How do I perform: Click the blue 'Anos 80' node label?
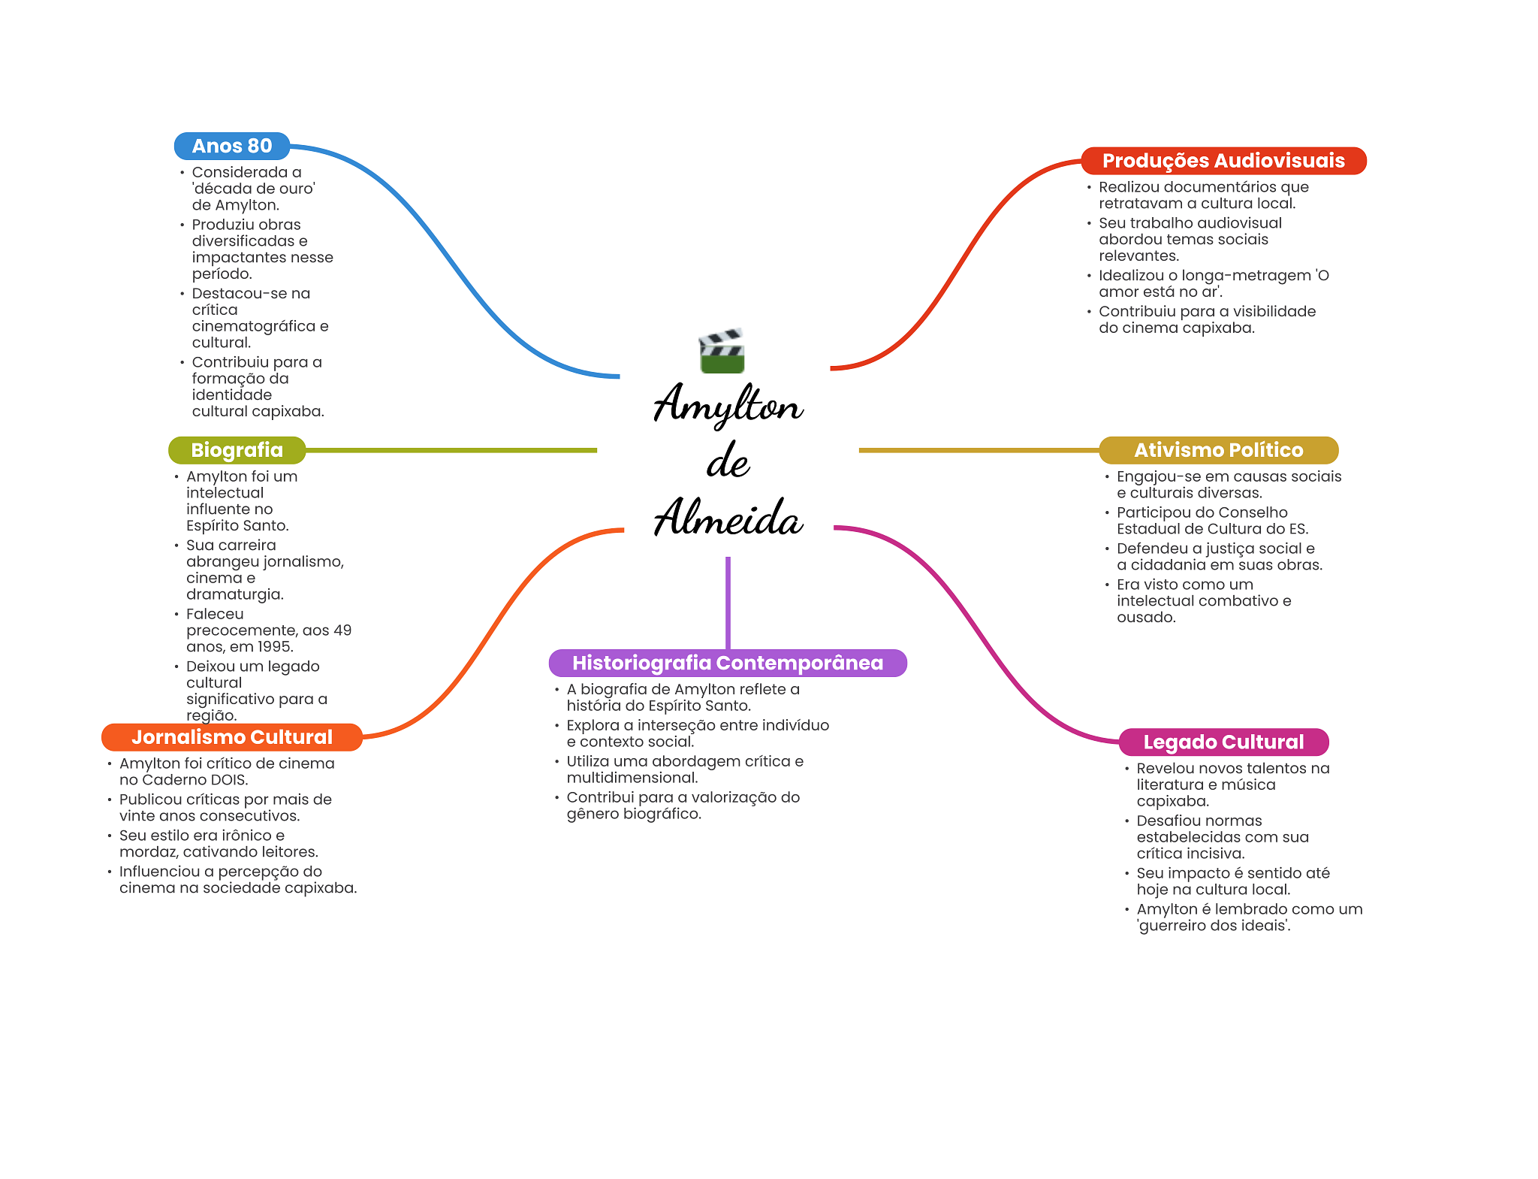click(231, 146)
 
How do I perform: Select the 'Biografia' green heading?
click(237, 450)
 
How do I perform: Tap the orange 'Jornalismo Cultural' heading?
click(231, 737)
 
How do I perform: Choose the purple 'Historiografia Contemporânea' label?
click(727, 663)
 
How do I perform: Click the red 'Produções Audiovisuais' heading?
click(1223, 161)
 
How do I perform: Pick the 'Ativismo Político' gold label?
click(1218, 450)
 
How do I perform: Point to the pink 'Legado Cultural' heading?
click(1223, 742)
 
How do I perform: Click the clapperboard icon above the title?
click(721, 351)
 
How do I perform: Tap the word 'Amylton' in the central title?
click(727, 406)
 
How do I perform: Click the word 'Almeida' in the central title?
click(727, 518)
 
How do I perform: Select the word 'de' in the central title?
click(727, 461)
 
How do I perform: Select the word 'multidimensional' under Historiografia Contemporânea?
click(631, 778)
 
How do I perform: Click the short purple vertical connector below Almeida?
click(728, 601)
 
